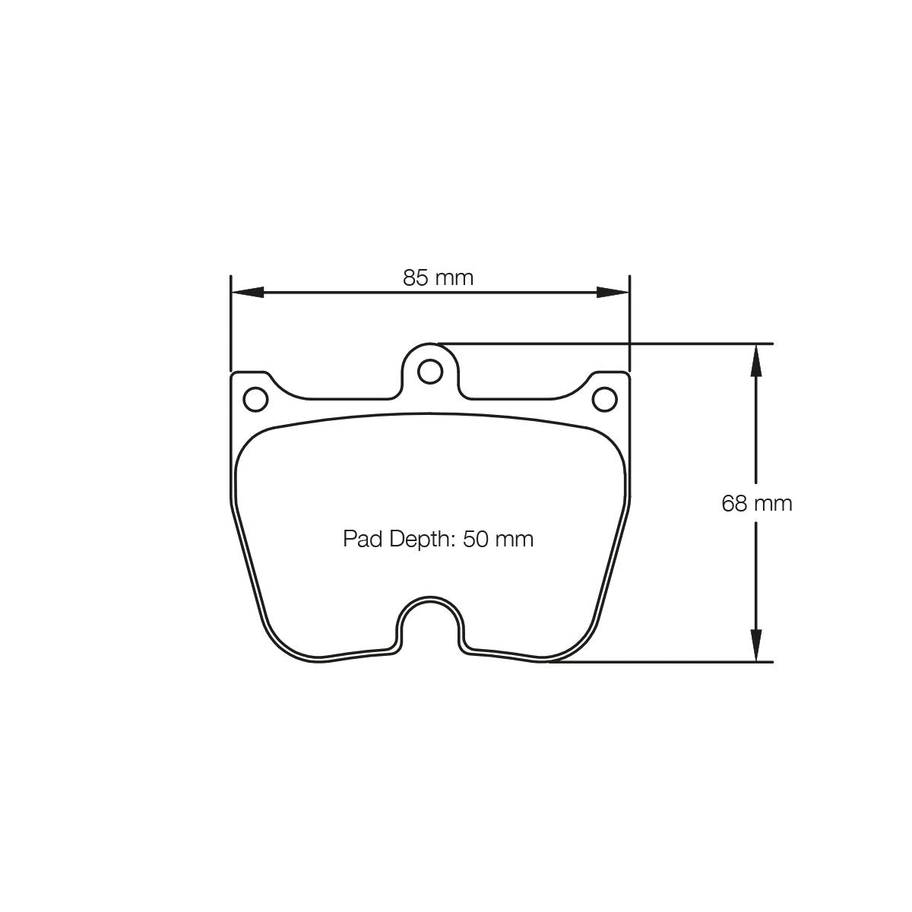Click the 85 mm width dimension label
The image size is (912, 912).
(x=438, y=278)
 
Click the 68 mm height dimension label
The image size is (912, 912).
(x=757, y=503)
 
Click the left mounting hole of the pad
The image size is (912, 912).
(x=255, y=398)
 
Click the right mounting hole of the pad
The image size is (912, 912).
(x=605, y=398)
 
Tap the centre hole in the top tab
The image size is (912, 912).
(x=430, y=372)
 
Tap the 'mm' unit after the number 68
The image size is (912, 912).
(x=774, y=503)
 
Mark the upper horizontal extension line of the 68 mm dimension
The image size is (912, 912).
(x=608, y=344)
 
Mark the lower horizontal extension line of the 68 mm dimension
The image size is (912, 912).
(x=669, y=662)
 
